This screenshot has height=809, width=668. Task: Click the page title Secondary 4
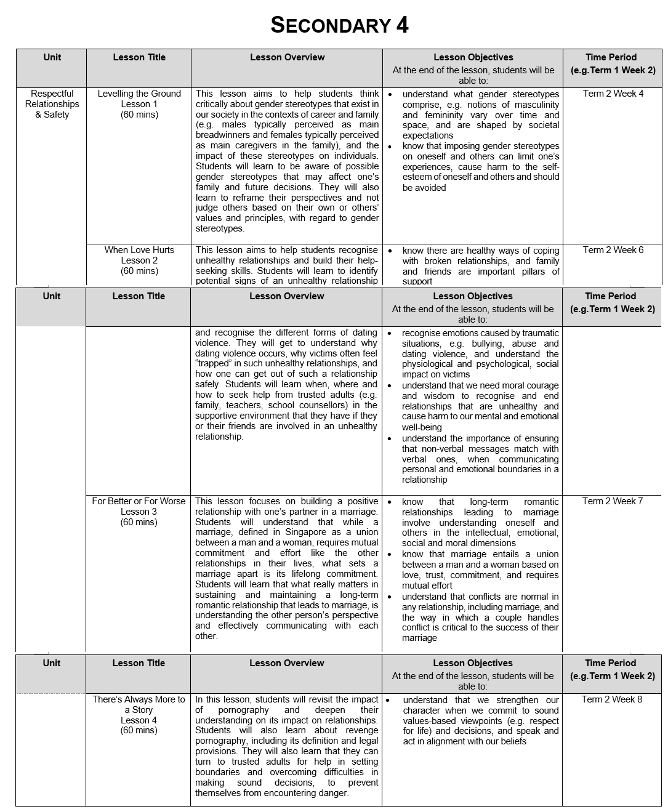pos(339,25)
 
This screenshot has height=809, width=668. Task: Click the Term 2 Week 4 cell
pos(613,94)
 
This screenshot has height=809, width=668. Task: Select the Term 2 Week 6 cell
pos(613,250)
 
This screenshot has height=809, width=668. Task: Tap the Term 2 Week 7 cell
pos(613,501)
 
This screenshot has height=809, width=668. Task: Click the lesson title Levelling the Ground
pos(139,94)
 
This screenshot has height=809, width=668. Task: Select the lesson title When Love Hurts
pos(139,250)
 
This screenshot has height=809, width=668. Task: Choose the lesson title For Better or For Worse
pos(139,501)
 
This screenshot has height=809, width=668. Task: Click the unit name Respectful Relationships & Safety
pos(52,104)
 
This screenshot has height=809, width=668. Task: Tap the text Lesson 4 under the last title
pos(139,720)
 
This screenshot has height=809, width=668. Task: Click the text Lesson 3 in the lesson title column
pos(139,512)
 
